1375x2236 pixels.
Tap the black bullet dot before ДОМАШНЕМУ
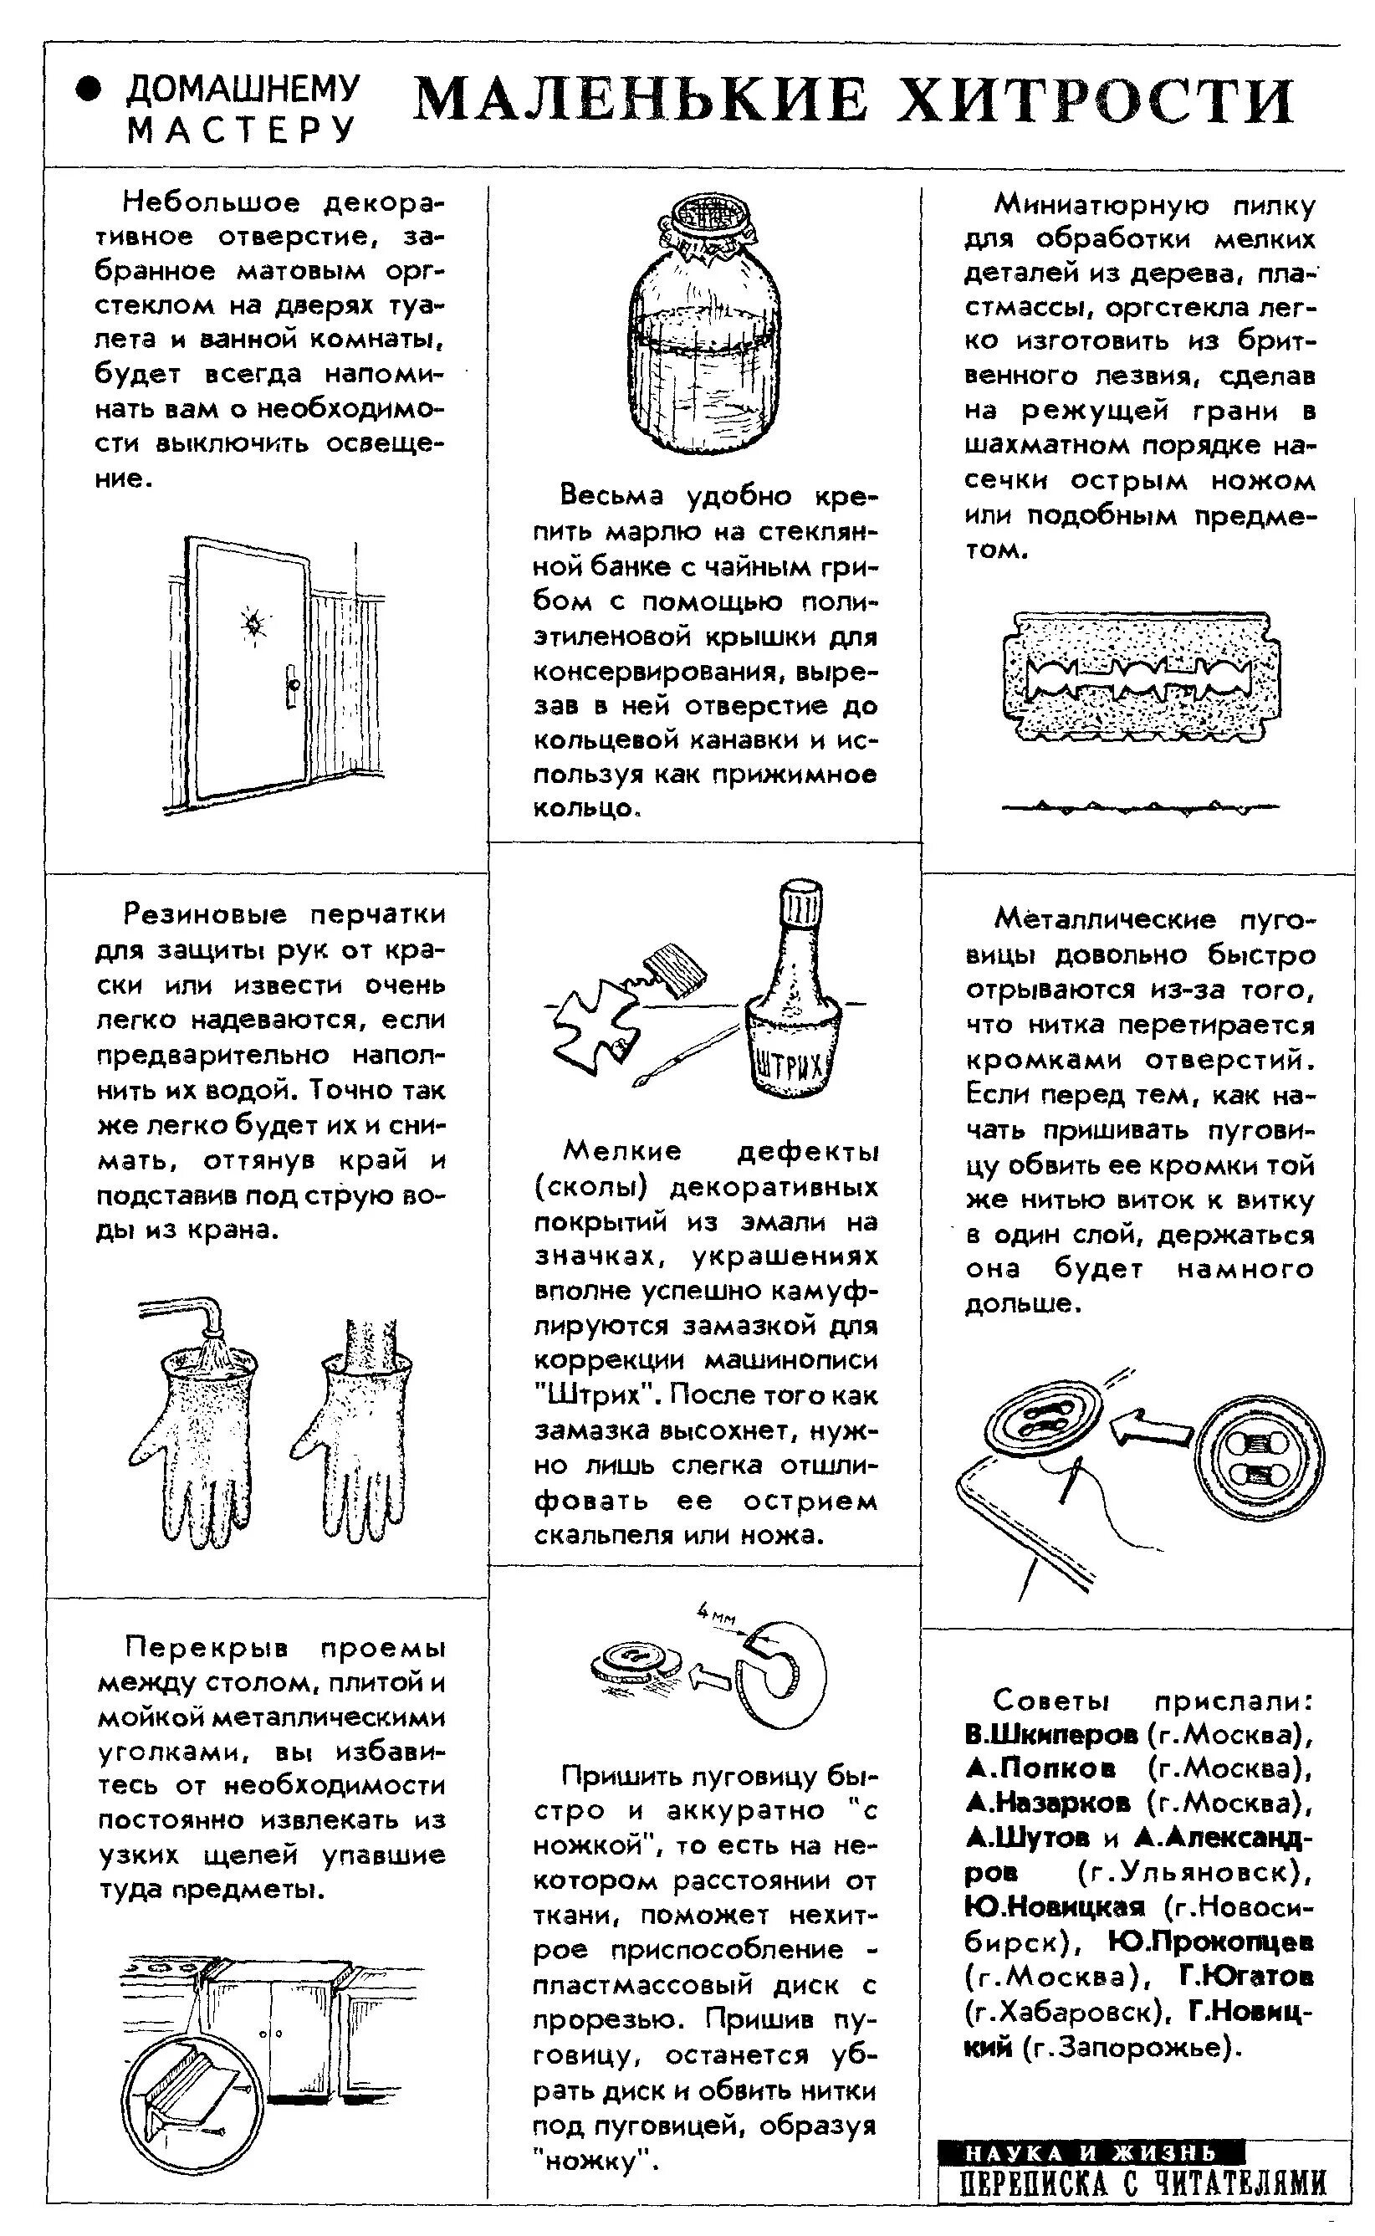pos(88,90)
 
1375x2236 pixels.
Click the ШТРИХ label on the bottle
pos(790,1065)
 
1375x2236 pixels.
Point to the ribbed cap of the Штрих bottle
pos(802,906)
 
